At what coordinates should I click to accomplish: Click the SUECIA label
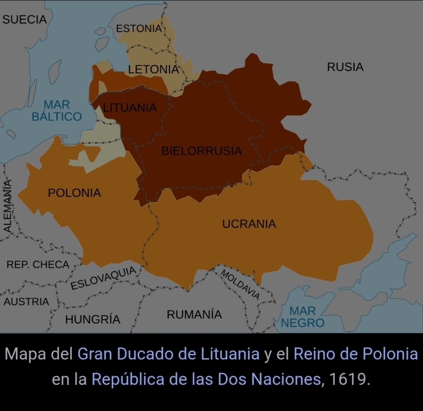[24, 19]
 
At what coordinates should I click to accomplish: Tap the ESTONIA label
[139, 29]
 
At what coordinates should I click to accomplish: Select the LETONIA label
[153, 69]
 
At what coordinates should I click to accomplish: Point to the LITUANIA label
[130, 108]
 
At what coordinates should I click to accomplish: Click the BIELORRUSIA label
[202, 151]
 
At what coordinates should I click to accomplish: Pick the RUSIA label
[345, 67]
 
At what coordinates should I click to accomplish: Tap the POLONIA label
[74, 193]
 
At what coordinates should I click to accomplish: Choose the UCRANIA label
[249, 224]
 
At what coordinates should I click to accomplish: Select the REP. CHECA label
[38, 265]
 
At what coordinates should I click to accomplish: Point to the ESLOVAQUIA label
[103, 278]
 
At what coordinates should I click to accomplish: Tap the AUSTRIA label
[27, 302]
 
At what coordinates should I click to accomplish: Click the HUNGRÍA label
[93, 319]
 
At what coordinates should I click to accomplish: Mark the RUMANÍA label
[194, 314]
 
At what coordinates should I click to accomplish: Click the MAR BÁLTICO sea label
[57, 111]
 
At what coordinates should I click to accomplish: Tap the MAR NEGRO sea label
[302, 317]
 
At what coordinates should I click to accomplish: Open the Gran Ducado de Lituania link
[169, 354]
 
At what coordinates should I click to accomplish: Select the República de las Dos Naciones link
[206, 379]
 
